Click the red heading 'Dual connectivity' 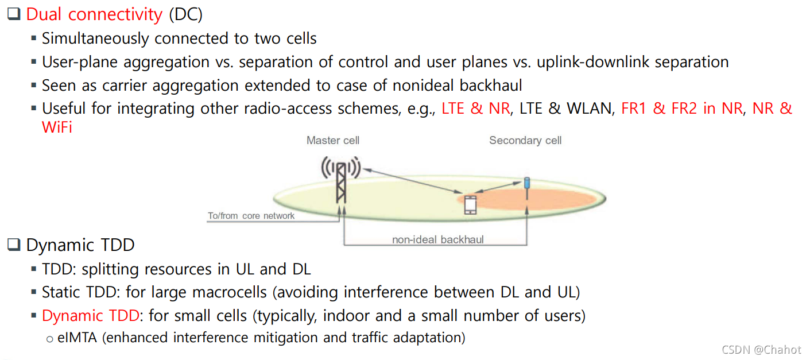tap(94, 14)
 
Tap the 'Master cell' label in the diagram tap(333, 141)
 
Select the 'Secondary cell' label tap(525, 141)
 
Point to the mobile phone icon tap(470, 205)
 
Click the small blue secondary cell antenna tap(527, 183)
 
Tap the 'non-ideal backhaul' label tap(438, 239)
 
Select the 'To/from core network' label tap(251, 216)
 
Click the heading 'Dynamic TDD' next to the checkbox tap(80, 245)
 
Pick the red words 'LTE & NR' tap(475, 109)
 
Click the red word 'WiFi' tap(57, 127)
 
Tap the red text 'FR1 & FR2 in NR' tap(681, 109)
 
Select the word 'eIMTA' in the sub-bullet tap(78, 338)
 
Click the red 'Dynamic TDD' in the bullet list tap(90, 316)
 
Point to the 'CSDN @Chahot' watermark tap(761, 350)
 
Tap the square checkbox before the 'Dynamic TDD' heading tap(13, 245)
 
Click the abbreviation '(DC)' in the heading tap(185, 14)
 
